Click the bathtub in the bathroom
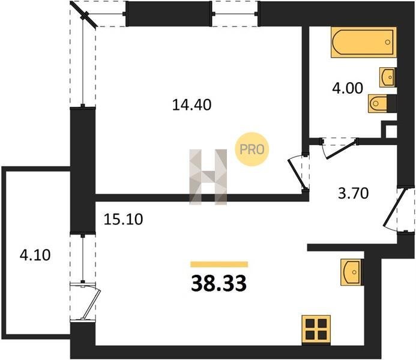(364, 42)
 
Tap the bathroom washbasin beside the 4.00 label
(388, 77)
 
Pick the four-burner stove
(316, 329)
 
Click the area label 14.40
(191, 104)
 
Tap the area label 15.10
(123, 219)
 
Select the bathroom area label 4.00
(348, 88)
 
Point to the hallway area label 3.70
(354, 193)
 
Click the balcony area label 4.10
(35, 255)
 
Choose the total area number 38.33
(219, 283)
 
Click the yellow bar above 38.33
(219, 264)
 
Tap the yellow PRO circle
(252, 149)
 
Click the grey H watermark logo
(208, 177)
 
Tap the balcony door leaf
(91, 304)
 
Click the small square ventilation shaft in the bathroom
(389, 130)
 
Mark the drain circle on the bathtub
(388, 42)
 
